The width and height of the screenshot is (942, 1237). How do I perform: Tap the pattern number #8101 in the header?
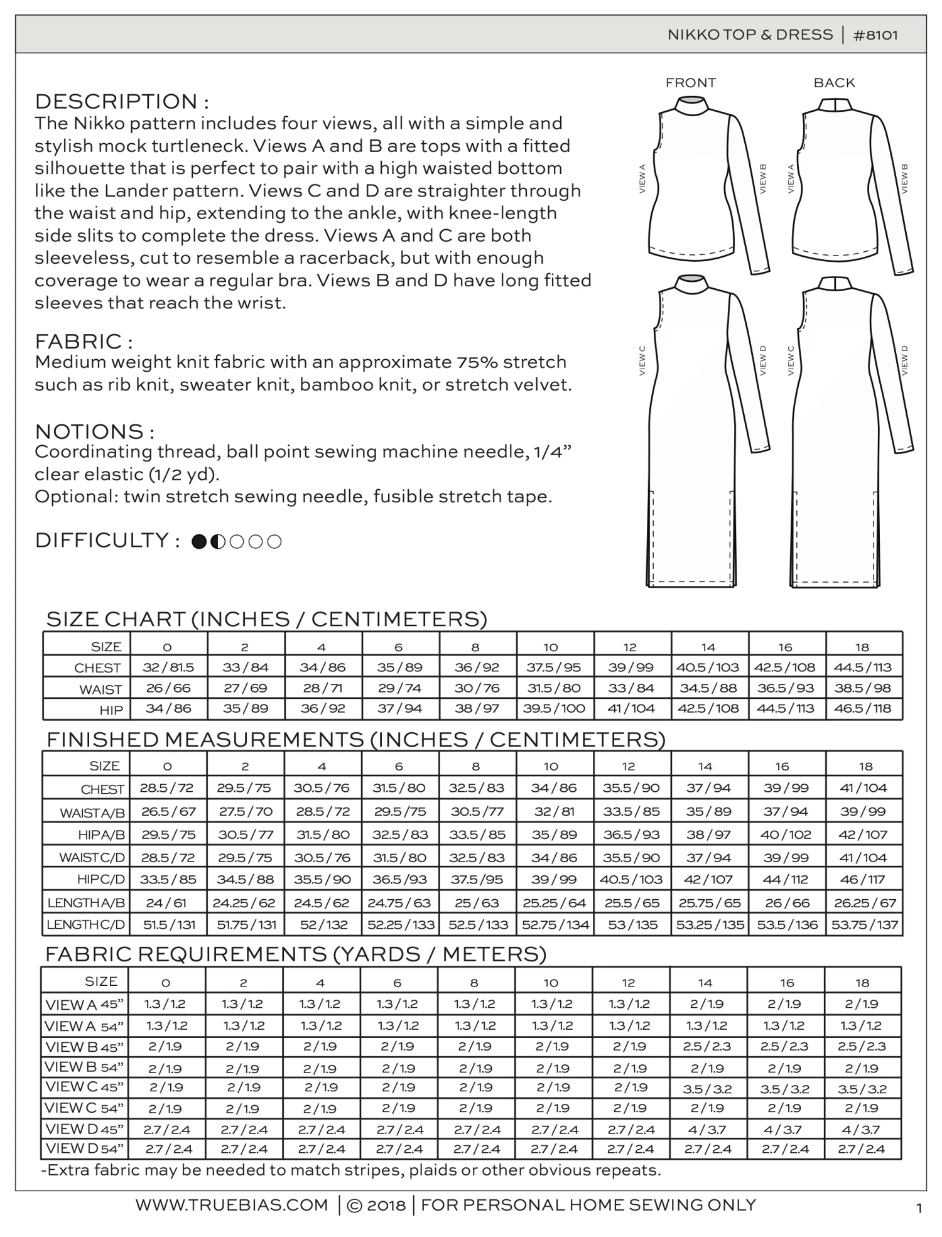pyautogui.click(x=875, y=35)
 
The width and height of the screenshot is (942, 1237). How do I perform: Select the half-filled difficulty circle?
pyautogui.click(x=218, y=541)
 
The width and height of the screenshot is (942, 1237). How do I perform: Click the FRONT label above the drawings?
pyautogui.click(x=691, y=83)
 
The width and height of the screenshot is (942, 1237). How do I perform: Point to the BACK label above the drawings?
pyautogui.click(x=834, y=83)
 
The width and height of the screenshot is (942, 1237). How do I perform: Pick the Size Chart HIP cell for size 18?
pyautogui.click(x=863, y=709)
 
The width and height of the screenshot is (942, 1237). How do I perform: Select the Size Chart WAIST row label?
pyautogui.click(x=100, y=689)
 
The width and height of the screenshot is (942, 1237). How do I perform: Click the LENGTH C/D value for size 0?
pyautogui.click(x=168, y=925)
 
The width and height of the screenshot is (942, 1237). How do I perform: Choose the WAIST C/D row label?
pyautogui.click(x=92, y=858)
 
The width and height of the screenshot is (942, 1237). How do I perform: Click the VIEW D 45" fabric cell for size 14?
pyautogui.click(x=707, y=1130)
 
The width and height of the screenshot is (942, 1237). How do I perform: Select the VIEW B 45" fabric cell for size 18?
pyautogui.click(x=862, y=1047)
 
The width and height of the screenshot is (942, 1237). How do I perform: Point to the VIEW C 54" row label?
pyautogui.click(x=84, y=1108)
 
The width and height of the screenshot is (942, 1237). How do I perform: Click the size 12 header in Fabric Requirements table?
pyautogui.click(x=629, y=983)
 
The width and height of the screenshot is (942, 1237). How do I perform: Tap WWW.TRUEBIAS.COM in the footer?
pyautogui.click(x=232, y=1205)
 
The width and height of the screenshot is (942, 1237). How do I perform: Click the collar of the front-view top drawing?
pyautogui.click(x=691, y=104)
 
